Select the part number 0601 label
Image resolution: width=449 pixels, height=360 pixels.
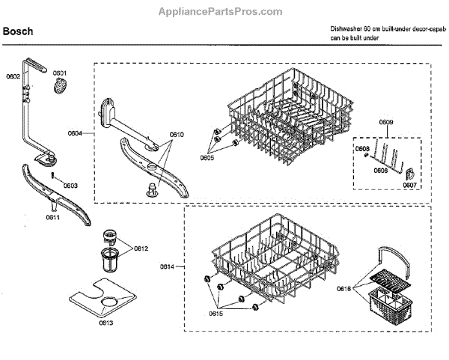tap(60, 73)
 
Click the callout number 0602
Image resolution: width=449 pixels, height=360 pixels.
tap(13, 76)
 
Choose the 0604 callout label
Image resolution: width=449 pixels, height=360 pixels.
tap(75, 133)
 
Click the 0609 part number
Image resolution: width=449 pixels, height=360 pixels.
tap(386, 122)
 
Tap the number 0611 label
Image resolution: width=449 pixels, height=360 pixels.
tap(52, 217)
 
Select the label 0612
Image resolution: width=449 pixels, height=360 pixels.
tap(141, 248)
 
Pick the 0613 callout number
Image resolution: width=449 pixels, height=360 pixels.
tap(106, 323)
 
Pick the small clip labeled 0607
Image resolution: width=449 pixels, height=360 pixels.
tap(409, 174)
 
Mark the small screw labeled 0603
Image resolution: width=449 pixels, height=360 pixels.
tap(54, 177)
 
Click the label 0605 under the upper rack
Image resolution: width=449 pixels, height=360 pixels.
tap(207, 157)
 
